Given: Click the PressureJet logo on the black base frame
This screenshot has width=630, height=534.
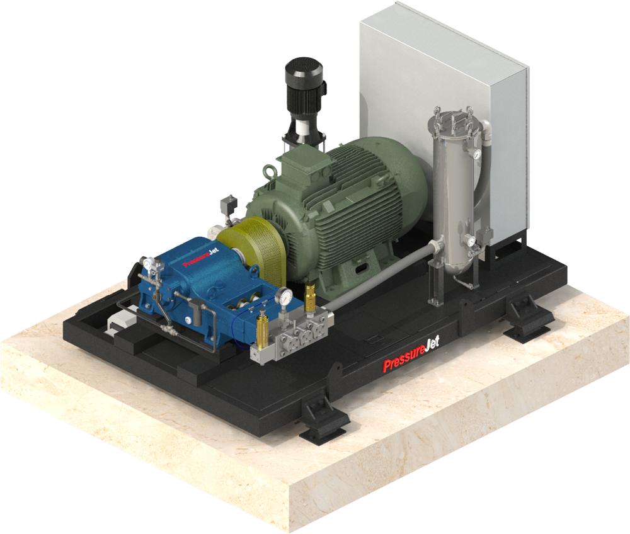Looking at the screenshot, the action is click(x=411, y=354).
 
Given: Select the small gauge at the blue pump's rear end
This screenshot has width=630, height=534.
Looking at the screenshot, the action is click(x=148, y=263).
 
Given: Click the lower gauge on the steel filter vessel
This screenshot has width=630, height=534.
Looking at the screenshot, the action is click(x=470, y=241).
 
